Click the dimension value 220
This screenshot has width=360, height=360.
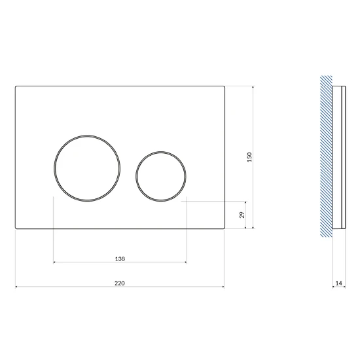pos(120,283)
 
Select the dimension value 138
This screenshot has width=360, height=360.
pos(120,259)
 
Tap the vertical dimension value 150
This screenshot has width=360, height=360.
pos(249,157)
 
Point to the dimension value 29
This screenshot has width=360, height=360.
pos(242,215)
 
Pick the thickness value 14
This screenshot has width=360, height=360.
pos(339,283)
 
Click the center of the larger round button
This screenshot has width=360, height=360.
pos(87,168)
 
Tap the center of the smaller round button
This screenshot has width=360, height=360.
pos(161,176)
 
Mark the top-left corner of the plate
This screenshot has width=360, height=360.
pos(16,86)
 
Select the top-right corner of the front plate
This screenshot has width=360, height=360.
pos(225,86)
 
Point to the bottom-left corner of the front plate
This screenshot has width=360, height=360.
pos(16,228)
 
